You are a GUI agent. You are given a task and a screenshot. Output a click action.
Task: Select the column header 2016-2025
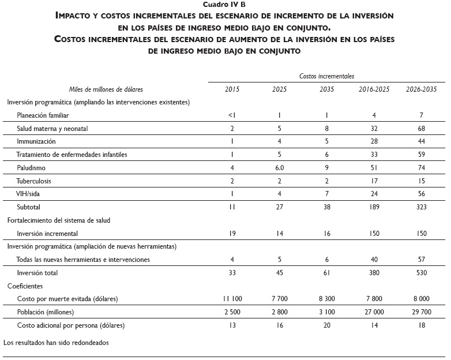(374, 89)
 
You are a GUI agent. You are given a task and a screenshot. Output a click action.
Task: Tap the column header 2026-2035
(421, 89)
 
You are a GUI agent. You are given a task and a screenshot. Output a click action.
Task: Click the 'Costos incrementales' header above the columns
(326, 76)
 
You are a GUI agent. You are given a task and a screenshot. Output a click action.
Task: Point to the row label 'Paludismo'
(32, 167)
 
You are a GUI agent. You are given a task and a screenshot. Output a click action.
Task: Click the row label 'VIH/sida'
(29, 193)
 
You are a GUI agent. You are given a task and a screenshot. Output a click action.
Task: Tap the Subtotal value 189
(374, 207)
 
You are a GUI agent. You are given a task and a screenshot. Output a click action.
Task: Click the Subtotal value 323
(421, 207)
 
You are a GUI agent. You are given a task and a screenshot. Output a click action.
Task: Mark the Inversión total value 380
(374, 273)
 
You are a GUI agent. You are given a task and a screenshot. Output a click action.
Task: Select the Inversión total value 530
(421, 273)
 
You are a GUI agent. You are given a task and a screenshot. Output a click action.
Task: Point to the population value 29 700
(421, 312)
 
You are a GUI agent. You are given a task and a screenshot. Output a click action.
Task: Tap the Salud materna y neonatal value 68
(421, 128)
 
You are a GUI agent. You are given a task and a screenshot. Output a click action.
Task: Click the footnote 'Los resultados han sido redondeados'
(56, 342)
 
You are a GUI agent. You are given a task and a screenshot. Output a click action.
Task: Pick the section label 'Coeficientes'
(25, 286)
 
